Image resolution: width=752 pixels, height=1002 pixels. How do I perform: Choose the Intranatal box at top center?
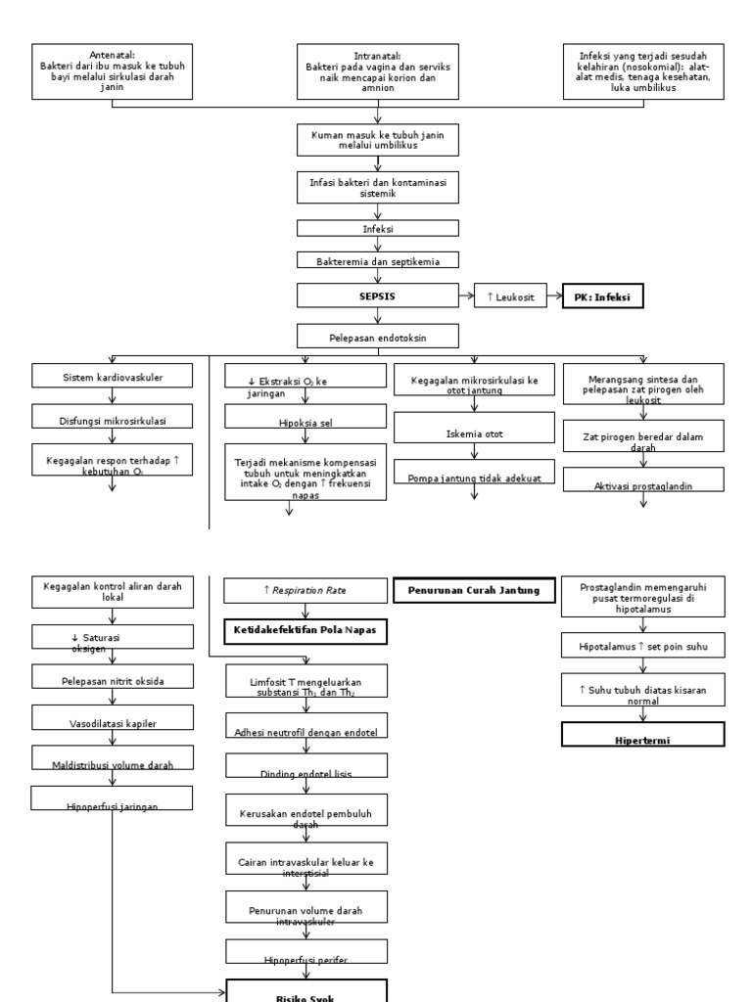[x=377, y=71]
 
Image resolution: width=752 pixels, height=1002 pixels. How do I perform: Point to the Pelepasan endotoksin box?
[x=377, y=338]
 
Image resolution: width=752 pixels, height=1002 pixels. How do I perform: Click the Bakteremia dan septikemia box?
[x=377, y=260]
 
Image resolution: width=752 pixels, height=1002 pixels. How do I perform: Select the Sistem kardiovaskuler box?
[x=114, y=376]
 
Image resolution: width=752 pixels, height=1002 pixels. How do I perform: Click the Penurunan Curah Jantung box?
[x=474, y=590]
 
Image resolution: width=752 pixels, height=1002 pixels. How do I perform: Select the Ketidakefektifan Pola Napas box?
[x=305, y=632]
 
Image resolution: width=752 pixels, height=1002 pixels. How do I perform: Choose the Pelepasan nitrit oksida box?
[x=114, y=677]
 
